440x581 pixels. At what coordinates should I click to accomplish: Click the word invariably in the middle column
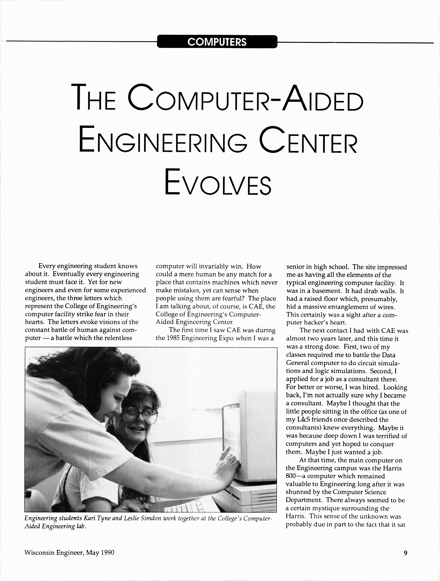click(213, 266)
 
